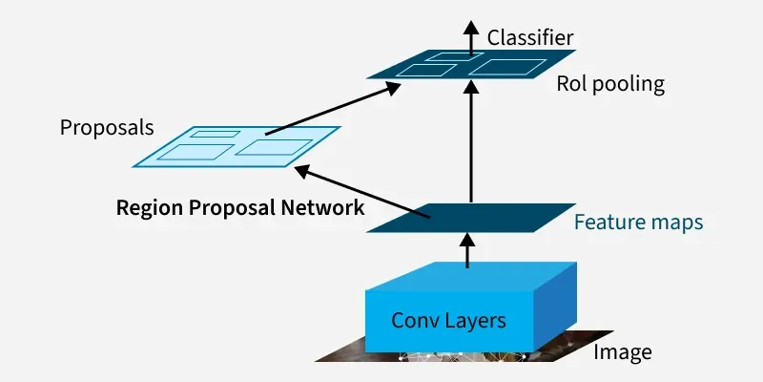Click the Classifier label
[x=530, y=38]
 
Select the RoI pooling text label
[x=610, y=84]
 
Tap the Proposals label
[x=107, y=127]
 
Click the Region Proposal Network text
[x=239, y=207]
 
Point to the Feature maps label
[x=638, y=223]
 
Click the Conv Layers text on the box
[x=448, y=319]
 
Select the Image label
[x=623, y=351]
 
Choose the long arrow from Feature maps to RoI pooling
[x=469, y=143]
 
